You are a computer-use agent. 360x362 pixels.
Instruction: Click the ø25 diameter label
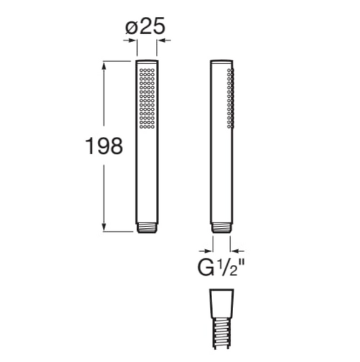click(145, 26)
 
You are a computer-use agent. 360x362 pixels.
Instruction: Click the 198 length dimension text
click(104, 146)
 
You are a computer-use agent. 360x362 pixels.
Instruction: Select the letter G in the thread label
click(205, 268)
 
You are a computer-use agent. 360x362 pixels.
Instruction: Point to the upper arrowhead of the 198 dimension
click(104, 66)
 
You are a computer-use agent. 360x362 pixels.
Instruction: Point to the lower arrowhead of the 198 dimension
click(104, 226)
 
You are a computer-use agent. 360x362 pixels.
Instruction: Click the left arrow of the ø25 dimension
click(129, 40)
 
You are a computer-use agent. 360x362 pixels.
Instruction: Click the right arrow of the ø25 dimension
click(164, 40)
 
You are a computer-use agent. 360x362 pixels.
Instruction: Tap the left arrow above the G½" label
click(205, 251)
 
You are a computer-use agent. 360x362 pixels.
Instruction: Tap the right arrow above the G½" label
click(237, 251)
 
